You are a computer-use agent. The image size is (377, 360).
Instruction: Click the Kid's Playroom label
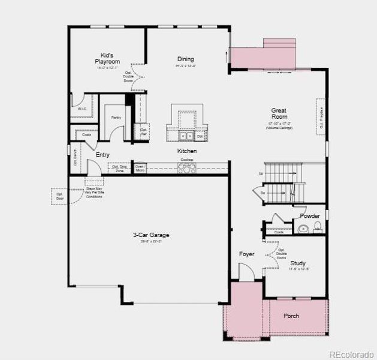[x=108, y=58]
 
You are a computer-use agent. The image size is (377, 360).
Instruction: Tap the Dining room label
[x=185, y=59]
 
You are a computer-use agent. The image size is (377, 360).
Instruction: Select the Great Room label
[x=279, y=110]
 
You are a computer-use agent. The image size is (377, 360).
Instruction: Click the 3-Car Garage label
[x=151, y=235]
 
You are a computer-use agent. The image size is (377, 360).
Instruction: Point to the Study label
[x=298, y=263]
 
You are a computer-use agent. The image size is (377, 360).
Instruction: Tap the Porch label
[x=291, y=316]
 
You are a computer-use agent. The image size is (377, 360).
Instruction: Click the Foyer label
[x=247, y=254]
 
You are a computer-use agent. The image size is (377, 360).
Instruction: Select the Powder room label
[x=310, y=216]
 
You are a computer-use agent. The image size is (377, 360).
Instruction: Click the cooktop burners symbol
[x=186, y=169]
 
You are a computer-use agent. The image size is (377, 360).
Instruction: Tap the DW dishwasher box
[x=199, y=137]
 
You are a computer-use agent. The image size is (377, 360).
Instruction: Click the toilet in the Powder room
[x=318, y=227]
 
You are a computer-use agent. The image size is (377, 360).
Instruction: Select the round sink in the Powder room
[x=304, y=228]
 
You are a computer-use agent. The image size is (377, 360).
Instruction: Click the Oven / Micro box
[x=139, y=168]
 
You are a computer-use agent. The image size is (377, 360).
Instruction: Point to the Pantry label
[x=116, y=118]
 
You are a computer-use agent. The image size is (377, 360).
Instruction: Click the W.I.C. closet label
[x=82, y=109]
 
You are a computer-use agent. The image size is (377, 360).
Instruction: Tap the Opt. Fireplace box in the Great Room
[x=321, y=118]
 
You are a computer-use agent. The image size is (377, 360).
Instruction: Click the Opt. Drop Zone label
[x=119, y=168]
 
